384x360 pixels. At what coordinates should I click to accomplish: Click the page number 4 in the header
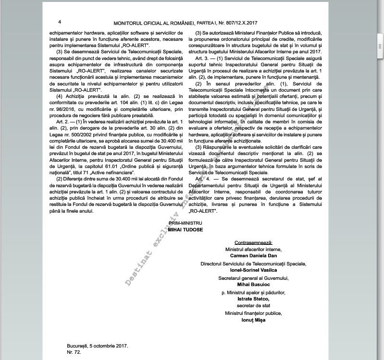pos(60,22)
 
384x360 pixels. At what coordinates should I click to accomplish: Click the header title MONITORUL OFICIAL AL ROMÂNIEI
pos(153,23)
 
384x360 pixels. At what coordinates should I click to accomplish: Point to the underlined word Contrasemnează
pos(253,243)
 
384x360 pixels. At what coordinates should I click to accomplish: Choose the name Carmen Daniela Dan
pos(253,256)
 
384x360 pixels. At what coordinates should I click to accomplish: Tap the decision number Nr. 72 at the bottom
pos(74,352)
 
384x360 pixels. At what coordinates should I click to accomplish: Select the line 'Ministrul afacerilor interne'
pos(253,250)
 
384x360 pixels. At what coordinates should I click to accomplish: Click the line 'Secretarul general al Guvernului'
pos(253,277)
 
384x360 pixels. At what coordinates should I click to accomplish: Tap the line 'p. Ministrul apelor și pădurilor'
pos(253,292)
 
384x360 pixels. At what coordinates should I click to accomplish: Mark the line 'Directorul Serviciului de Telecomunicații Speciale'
pos(253,264)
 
